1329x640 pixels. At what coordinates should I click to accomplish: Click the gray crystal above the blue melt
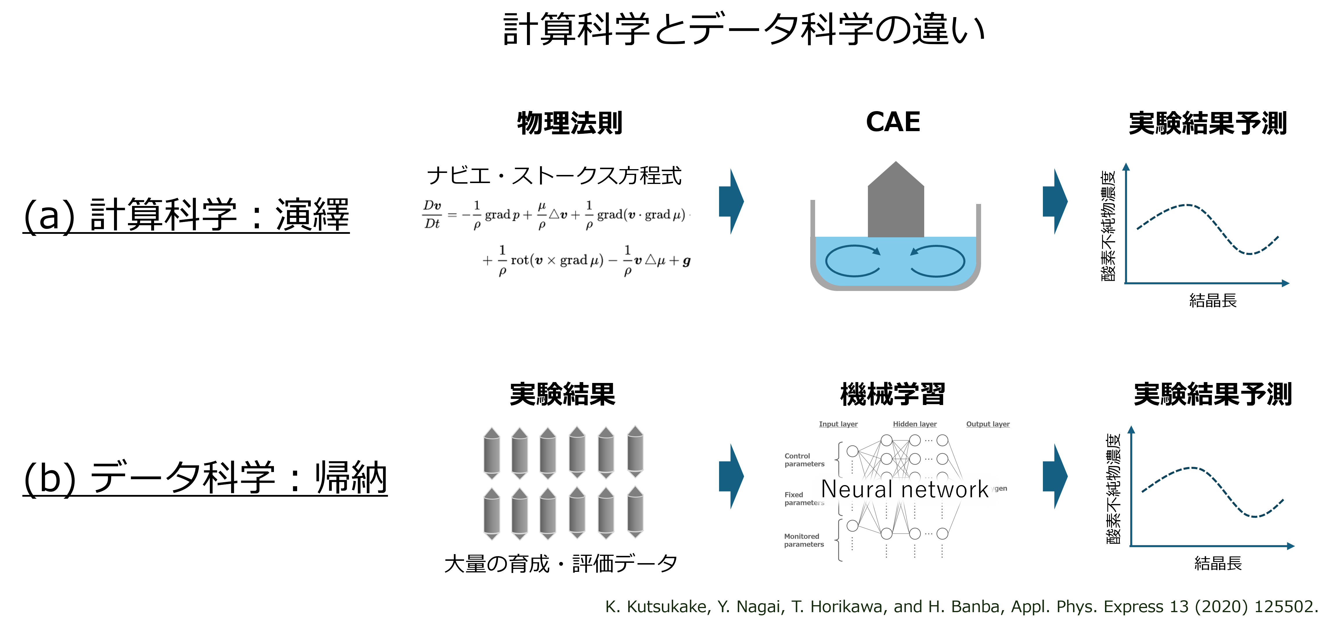[896, 201]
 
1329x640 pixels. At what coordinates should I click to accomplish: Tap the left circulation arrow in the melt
[852, 261]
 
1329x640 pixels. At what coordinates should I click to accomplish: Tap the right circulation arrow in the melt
[938, 261]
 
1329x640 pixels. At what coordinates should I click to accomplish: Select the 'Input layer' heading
[838, 424]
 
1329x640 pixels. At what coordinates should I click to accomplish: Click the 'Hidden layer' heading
[914, 424]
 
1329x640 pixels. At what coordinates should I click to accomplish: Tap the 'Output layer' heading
[987, 424]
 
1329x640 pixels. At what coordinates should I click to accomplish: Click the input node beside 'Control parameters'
[852, 451]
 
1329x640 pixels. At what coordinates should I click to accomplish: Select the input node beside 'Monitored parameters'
[852, 525]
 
